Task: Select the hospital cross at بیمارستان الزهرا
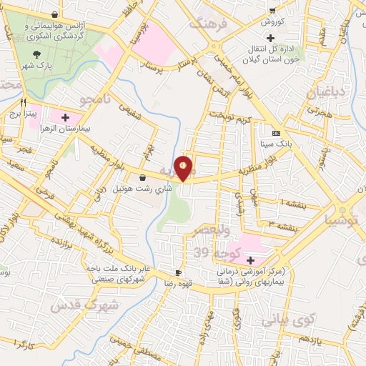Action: point(65,117)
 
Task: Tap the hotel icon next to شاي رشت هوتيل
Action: point(142,177)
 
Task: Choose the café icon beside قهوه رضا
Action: point(179,272)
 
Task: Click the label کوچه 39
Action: point(215,253)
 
